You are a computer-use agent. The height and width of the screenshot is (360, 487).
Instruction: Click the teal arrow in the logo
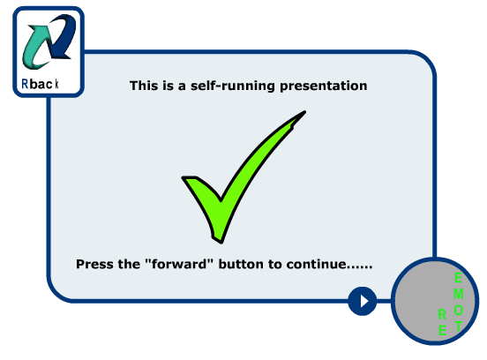coord(35,49)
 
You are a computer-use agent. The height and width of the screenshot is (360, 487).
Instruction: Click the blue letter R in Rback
coord(25,84)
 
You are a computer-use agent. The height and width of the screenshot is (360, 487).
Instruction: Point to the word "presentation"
coord(323,86)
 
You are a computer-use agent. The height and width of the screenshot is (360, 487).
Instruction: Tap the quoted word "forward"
coord(180,264)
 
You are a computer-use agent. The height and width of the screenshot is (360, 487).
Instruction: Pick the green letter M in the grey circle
coord(459,294)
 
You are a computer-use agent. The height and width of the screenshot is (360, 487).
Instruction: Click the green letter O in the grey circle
coord(459,310)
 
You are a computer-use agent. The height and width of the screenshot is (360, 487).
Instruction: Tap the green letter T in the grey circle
coord(459,326)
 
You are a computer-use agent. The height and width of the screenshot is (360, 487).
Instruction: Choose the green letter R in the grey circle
coord(442,315)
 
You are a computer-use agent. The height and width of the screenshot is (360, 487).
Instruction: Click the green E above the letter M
coord(458,277)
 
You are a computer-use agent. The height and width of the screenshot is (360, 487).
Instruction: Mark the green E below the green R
coord(442,330)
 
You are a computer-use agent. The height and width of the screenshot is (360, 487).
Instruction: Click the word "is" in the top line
coord(168,86)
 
